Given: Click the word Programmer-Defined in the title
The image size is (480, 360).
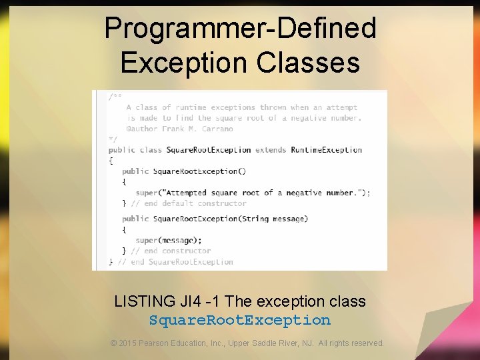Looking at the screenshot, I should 240,29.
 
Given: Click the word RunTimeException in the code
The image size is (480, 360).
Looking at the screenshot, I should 327,150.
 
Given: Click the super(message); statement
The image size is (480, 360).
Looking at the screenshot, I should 168,240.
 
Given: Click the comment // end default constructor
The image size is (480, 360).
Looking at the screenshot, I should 189,203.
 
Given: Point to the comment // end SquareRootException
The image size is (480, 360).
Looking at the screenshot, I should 175,262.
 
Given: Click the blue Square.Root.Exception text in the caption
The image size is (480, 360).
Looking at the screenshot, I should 240,320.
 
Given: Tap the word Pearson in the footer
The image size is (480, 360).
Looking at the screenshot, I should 157,343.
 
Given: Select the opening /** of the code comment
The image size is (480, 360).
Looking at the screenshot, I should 115,97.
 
